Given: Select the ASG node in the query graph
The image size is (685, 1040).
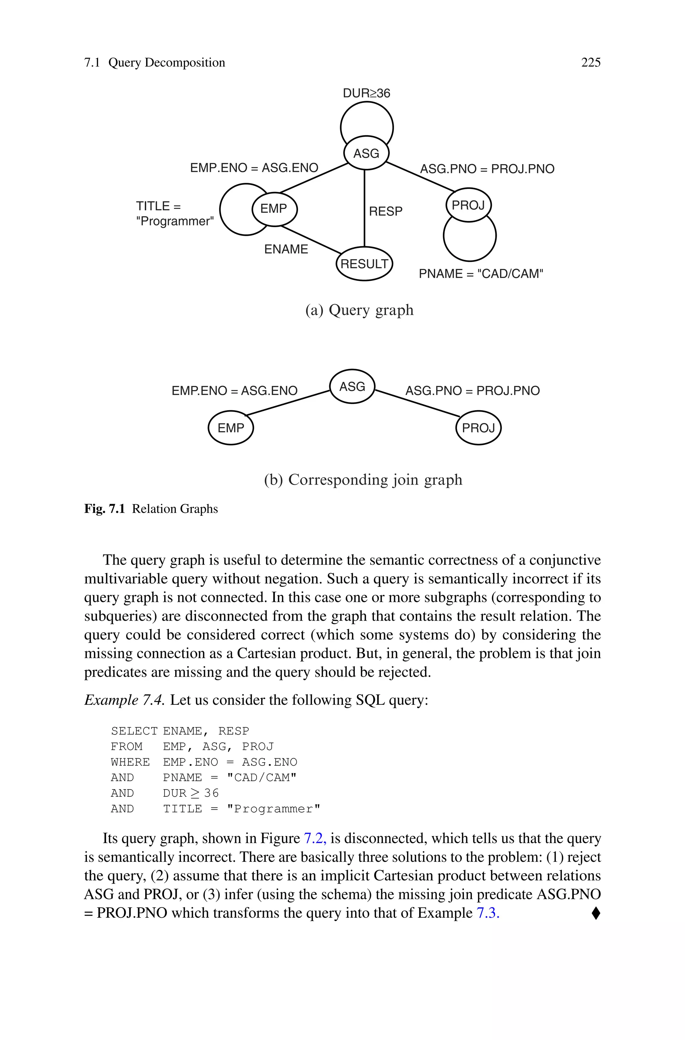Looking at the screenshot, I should [366, 153].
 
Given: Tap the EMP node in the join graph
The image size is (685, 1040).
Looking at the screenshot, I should [231, 428].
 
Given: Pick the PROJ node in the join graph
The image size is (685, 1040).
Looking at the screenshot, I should [478, 428].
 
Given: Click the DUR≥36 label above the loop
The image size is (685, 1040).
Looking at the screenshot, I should [366, 93].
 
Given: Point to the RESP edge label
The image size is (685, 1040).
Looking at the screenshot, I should [385, 211].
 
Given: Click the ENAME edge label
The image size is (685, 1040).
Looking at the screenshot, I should [286, 249].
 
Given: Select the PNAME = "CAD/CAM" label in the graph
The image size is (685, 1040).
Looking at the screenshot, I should [481, 274].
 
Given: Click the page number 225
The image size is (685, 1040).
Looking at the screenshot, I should [591, 63].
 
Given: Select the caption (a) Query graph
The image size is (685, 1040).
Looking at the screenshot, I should [359, 310].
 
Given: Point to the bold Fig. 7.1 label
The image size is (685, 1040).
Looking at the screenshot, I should [104, 509].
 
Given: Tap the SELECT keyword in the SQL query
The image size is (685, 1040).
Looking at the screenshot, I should [134, 731].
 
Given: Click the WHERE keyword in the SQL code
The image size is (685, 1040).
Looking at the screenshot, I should [130, 762].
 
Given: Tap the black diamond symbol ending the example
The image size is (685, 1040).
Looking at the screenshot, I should [596, 913].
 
